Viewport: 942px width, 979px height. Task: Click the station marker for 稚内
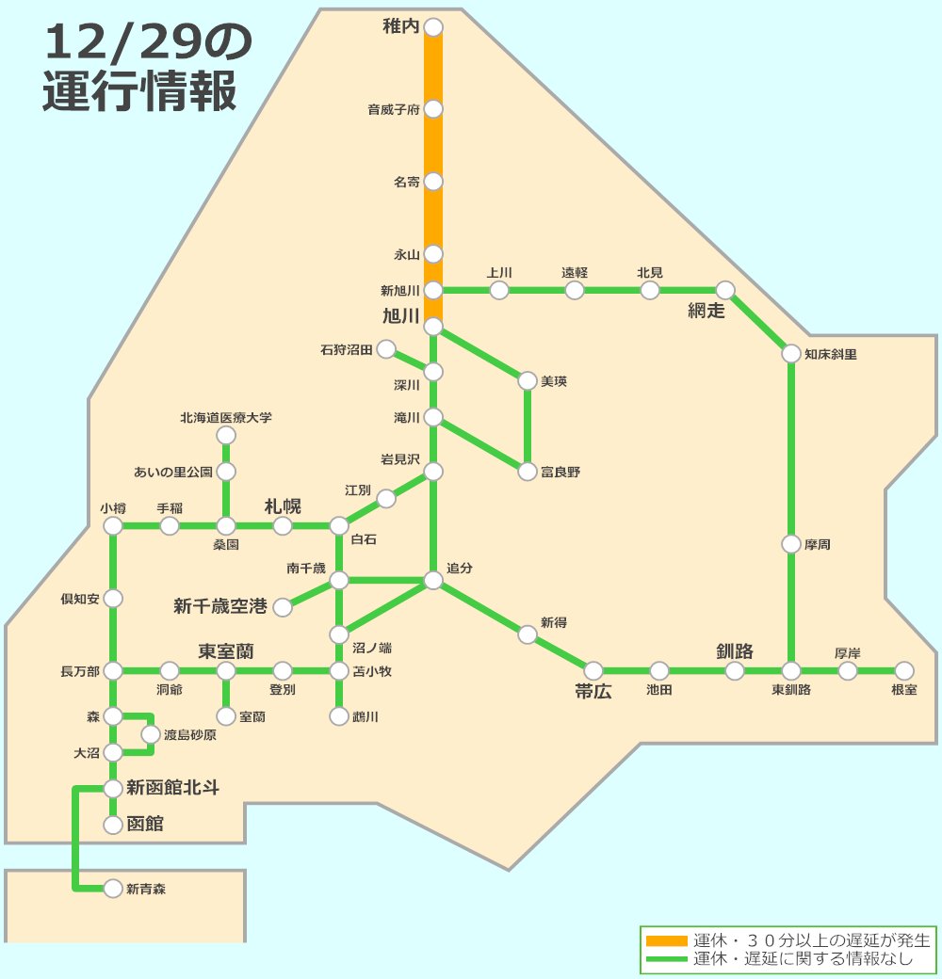pos(433,27)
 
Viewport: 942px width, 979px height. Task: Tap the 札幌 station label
pos(283,506)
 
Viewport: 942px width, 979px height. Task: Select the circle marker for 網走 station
pos(725,290)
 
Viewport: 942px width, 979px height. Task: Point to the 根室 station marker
pos(904,671)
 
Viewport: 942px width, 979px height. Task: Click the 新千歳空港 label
pos(220,606)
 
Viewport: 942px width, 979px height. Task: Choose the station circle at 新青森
pos(113,888)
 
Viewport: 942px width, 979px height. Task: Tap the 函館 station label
pos(145,825)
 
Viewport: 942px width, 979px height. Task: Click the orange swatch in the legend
pos(667,940)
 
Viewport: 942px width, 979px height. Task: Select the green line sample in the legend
pos(667,959)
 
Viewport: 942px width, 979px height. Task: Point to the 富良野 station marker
pos(528,472)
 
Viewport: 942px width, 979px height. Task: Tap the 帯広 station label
pos(593,692)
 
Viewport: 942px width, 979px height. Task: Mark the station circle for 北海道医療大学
pos(226,435)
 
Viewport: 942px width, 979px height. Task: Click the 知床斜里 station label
pos(831,355)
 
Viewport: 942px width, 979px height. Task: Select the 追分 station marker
pos(433,581)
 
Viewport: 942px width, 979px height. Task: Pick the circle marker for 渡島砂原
pos(151,734)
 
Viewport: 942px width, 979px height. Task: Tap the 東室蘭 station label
pos(226,650)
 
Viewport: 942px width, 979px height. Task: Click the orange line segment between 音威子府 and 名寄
pos(433,145)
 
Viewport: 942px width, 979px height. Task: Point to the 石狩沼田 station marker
pos(386,350)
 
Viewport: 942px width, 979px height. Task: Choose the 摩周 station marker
pos(791,544)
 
